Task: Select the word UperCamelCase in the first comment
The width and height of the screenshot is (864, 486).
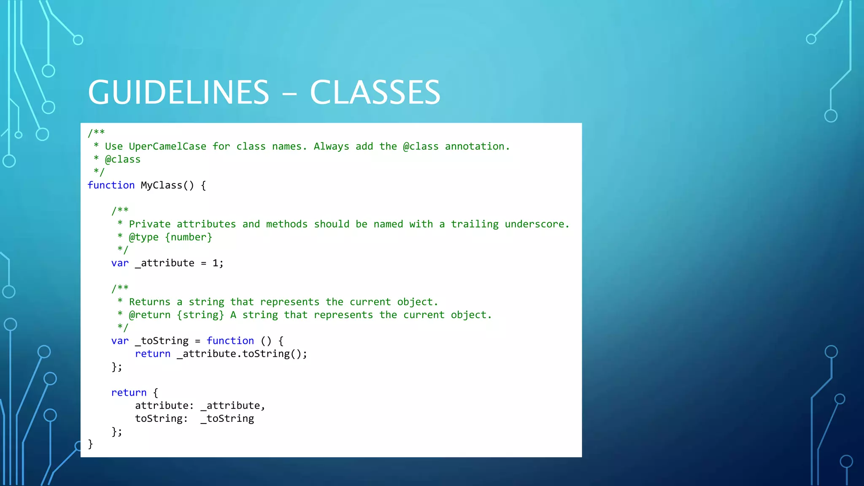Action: coord(167,146)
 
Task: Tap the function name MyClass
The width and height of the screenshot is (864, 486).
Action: coord(162,185)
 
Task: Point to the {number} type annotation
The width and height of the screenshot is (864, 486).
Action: coord(189,237)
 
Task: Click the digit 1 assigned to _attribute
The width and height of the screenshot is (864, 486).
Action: coord(216,263)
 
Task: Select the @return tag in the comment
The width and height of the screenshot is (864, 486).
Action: coord(150,315)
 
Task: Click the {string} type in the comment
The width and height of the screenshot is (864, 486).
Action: coord(200,315)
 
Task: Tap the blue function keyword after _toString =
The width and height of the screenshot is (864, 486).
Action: coord(230,341)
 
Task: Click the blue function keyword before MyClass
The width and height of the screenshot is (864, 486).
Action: coord(111,185)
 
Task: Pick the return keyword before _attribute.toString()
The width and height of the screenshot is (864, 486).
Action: coord(153,354)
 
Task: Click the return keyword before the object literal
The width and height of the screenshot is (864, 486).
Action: coord(129,393)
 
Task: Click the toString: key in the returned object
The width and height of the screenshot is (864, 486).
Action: coord(161,418)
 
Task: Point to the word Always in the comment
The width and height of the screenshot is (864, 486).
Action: coord(331,146)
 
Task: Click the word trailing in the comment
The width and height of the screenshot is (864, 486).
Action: coord(475,224)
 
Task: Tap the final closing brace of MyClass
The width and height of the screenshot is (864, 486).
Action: coord(90,444)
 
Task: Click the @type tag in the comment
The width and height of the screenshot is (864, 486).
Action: coord(143,237)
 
